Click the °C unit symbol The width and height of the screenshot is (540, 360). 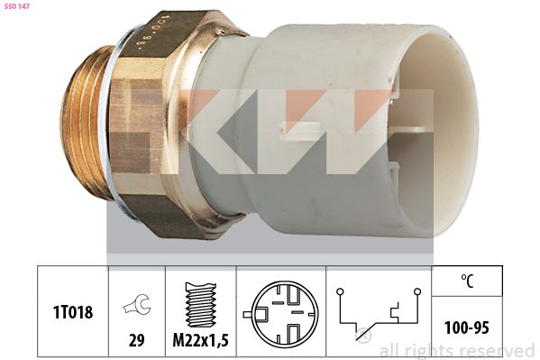click(466, 281)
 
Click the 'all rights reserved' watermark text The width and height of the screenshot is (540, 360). click(456, 350)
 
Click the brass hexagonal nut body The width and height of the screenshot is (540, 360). click(171, 126)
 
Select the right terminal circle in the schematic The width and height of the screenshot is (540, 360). click(419, 291)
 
